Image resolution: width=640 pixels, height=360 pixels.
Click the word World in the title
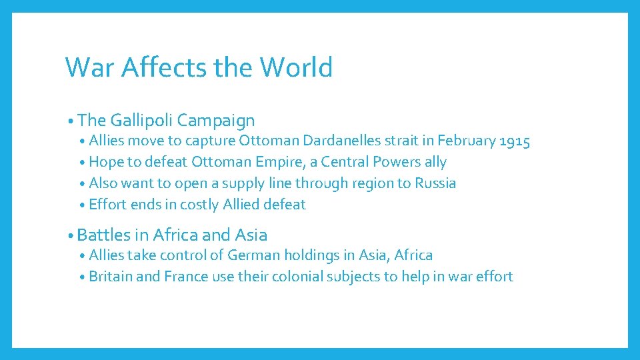pos(296,67)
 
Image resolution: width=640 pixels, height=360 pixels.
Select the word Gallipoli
pos(141,121)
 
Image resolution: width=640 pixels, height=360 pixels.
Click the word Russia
pos(435,183)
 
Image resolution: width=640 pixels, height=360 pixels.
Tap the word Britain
pos(110,277)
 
